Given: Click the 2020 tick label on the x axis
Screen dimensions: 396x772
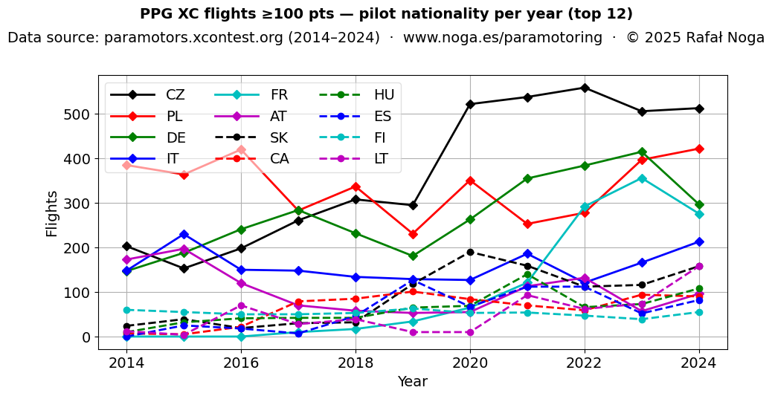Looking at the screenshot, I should [470, 363].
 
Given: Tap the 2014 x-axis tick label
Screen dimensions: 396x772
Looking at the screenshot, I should [126, 363].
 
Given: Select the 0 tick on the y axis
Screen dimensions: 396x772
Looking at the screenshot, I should [86, 337].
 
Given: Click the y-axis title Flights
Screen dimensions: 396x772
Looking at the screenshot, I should [52, 213].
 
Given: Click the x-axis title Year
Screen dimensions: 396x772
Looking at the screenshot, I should [412, 381].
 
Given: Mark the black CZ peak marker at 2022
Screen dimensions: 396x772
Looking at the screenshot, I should [585, 88].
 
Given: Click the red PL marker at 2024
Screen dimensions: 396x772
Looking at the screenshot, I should [699, 149].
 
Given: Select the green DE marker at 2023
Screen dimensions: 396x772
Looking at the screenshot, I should [642, 152].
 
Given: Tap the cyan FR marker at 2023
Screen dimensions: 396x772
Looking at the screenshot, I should [642, 178].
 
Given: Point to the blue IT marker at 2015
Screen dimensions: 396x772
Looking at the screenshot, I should [184, 234].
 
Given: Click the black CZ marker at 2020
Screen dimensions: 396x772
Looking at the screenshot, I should [470, 104].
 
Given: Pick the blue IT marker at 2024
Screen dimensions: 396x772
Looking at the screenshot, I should [699, 241].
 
